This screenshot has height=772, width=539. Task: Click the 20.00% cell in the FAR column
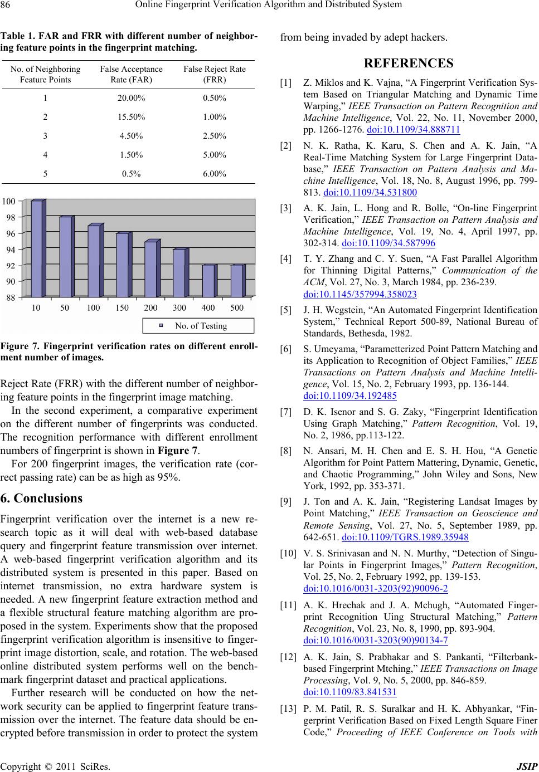(132, 98)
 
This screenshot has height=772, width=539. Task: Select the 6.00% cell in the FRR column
(215, 174)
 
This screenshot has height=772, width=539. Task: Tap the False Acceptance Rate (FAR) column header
(131, 74)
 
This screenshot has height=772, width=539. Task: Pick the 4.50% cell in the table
(132, 136)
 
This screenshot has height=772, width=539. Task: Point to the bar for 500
(236, 281)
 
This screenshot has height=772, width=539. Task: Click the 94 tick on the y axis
(11, 250)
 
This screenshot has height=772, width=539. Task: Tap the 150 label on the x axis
(122, 308)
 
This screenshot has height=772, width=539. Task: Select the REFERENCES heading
(409, 63)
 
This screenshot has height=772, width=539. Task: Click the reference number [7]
(286, 413)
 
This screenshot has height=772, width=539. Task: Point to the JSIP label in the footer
(527, 765)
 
